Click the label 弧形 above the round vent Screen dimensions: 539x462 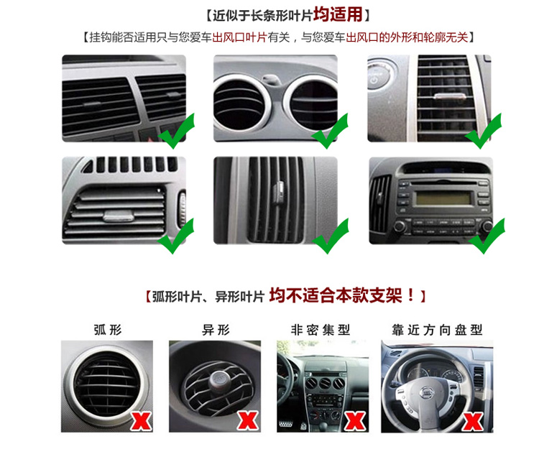(x=108, y=330)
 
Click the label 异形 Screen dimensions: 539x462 (x=216, y=330)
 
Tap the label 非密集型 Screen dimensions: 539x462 (x=321, y=330)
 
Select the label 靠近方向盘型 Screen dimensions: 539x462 (x=437, y=330)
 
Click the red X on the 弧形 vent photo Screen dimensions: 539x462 (x=141, y=421)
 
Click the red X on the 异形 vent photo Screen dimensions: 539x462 (x=248, y=420)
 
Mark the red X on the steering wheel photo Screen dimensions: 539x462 (x=473, y=422)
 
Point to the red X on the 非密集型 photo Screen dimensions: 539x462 (x=355, y=421)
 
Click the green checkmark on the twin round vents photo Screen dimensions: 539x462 (x=330, y=131)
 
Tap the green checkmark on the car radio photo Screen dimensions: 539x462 (x=487, y=236)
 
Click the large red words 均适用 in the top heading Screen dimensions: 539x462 (x=338, y=14)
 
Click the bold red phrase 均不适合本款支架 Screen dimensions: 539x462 (x=336, y=295)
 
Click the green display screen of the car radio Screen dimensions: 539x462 (x=443, y=198)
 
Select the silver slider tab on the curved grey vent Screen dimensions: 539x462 (x=119, y=216)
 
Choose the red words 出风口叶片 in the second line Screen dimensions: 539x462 (x=239, y=37)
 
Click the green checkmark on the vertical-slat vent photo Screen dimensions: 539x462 (x=331, y=236)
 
